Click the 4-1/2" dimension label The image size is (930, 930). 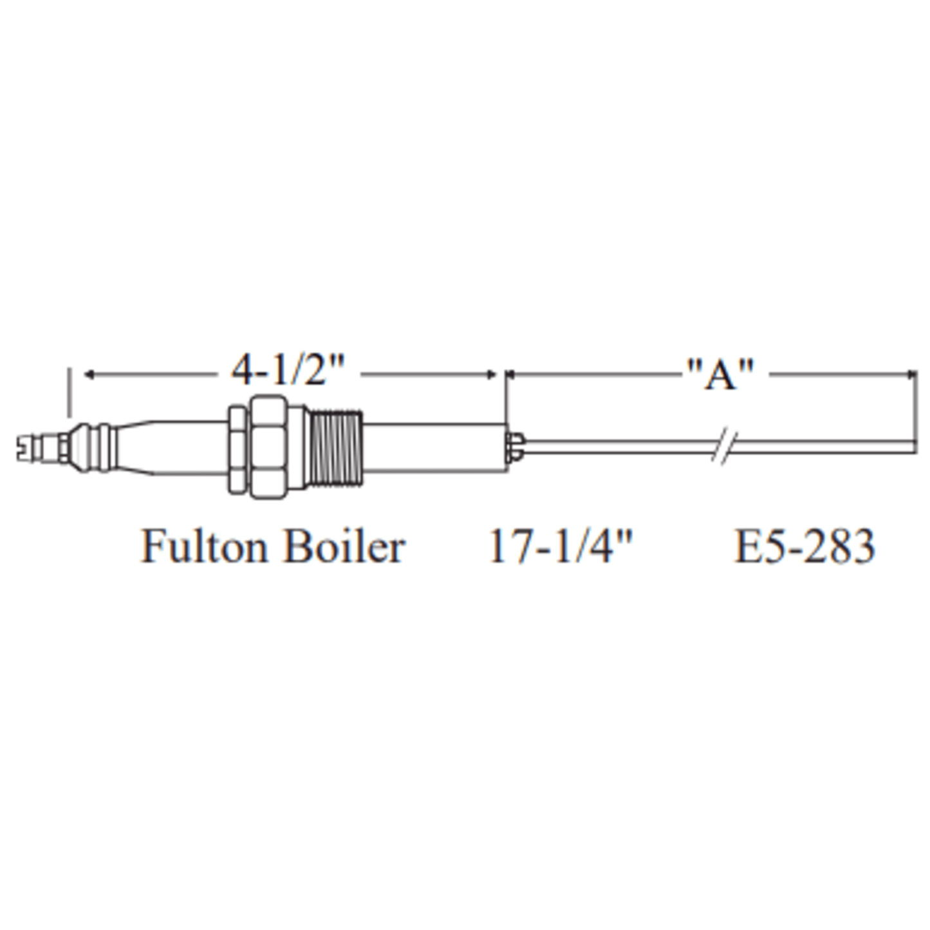288,371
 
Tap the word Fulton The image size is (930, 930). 204,546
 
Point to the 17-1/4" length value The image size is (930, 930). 561,546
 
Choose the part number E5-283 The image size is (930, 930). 804,546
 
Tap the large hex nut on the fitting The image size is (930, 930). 268,447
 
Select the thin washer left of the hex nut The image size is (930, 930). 237,449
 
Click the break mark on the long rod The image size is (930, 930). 725,447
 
